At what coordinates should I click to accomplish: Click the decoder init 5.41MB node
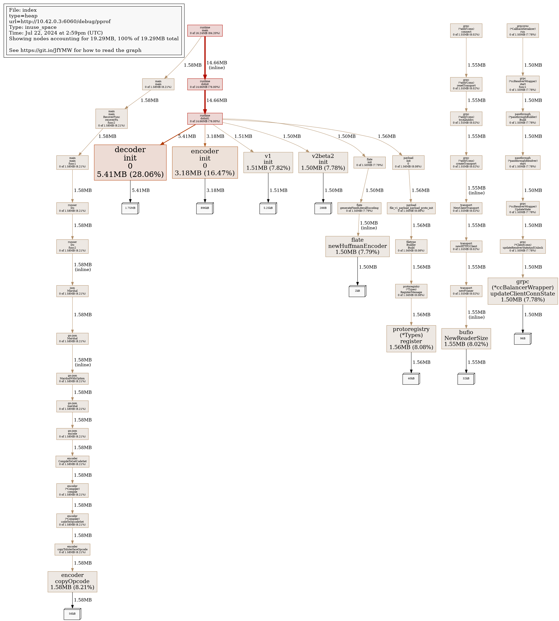click(x=130, y=162)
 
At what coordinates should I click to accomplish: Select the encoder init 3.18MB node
click(x=205, y=162)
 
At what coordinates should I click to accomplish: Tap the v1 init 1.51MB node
click(x=268, y=162)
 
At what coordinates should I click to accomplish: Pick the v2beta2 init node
click(x=323, y=162)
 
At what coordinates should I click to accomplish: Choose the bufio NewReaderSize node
click(x=466, y=338)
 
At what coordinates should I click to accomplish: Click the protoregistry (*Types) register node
click(x=411, y=338)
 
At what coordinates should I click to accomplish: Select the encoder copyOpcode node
click(x=72, y=581)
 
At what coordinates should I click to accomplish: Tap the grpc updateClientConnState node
click(x=523, y=291)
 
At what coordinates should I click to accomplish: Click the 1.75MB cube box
click(x=130, y=208)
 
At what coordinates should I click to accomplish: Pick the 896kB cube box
click(x=205, y=208)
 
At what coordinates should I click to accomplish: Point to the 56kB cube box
click(x=72, y=614)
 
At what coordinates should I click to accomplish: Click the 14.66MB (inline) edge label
click(x=216, y=65)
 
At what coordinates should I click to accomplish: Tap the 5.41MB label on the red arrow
click(x=187, y=136)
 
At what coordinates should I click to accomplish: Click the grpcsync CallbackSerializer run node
click(x=523, y=31)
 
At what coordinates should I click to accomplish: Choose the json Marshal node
click(x=72, y=291)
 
